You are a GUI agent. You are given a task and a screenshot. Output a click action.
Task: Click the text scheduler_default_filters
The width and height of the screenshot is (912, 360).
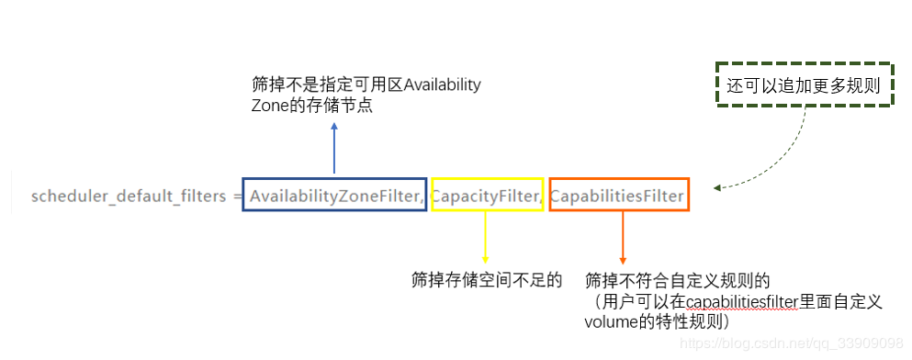pos(129,197)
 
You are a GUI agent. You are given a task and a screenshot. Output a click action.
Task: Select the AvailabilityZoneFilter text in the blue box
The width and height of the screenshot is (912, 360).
pos(335,197)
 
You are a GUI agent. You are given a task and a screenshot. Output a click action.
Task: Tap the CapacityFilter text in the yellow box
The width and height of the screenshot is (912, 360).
pos(486,197)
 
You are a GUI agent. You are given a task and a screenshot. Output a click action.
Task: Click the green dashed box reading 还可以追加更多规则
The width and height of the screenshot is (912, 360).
pos(804,84)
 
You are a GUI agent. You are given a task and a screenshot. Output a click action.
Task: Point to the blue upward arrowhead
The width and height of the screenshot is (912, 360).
pos(334,126)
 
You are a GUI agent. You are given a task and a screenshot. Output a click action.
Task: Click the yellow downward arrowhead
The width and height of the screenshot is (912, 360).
pos(485,259)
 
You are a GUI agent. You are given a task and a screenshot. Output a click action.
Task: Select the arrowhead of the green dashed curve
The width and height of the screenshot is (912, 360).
pos(717,187)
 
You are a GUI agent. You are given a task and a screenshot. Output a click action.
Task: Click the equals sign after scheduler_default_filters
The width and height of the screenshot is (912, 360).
pos(237,197)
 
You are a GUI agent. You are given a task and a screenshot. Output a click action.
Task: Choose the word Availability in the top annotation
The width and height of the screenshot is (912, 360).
pos(442,84)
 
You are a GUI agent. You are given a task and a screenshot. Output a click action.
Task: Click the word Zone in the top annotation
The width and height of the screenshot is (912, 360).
pos(265,107)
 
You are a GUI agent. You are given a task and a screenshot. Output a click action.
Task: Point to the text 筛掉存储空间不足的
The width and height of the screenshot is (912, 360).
pos(486,280)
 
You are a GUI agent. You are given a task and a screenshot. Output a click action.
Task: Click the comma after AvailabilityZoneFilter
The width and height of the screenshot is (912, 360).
pos(422,201)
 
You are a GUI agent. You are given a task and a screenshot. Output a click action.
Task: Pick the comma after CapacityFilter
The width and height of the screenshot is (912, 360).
pos(541,201)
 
